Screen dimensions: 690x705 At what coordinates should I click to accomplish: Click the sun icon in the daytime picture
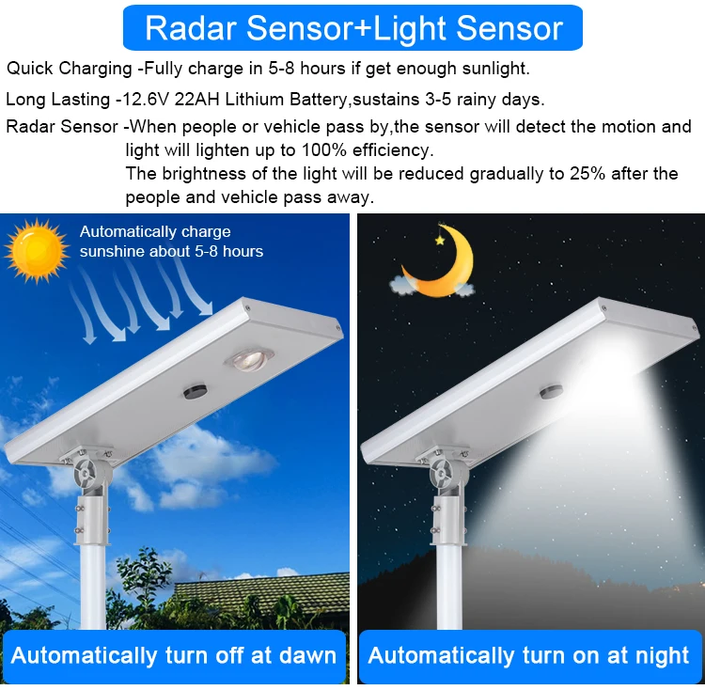pyautogui.click(x=36, y=251)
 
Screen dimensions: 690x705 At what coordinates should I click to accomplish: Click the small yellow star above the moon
pyautogui.click(x=438, y=240)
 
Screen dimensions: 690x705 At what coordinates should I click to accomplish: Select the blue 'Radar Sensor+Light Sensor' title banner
pyautogui.click(x=352, y=28)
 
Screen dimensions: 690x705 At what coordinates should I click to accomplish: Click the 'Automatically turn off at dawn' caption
pyautogui.click(x=174, y=655)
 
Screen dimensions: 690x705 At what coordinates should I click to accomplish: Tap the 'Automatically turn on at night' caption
pyautogui.click(x=528, y=655)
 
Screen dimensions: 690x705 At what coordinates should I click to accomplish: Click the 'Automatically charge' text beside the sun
pyautogui.click(x=155, y=231)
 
